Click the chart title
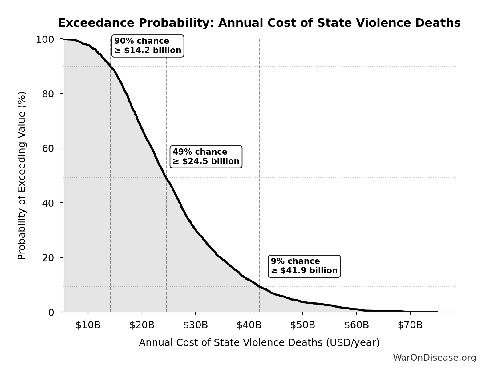coord(259,23)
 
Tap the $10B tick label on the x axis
coord(88,325)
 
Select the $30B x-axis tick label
coord(195,325)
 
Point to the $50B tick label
coord(303,325)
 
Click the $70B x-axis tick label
coord(410,325)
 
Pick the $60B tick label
coord(356,325)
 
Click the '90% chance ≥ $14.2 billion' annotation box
coord(148,46)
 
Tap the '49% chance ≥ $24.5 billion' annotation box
coord(206,157)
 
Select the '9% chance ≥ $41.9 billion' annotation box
coord(304,266)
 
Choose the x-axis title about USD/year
coord(259,343)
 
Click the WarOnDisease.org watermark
coord(434,358)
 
